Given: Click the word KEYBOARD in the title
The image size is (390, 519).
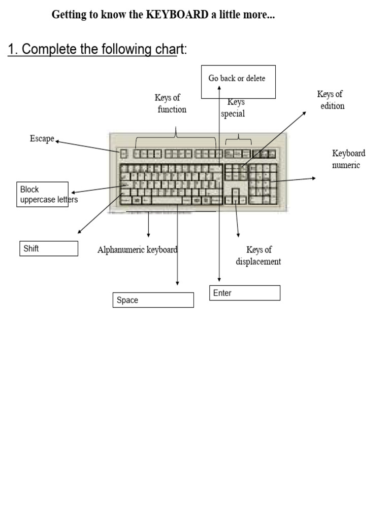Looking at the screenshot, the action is [177, 15].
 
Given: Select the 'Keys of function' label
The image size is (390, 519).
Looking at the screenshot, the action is [170, 103].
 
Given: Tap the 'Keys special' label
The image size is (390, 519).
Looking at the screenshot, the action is [233, 108].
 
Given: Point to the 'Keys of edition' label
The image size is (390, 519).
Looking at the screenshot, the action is [331, 100].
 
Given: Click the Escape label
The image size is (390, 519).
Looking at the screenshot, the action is [42, 138].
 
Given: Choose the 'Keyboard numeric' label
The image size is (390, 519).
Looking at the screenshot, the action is [348, 159].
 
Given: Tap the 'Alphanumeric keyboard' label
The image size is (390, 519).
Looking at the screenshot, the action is [137, 249].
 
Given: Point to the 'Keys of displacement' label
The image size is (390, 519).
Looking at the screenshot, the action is [258, 255].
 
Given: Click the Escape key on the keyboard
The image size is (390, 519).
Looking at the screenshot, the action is [123, 154].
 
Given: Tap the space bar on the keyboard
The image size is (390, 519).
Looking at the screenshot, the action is [167, 200].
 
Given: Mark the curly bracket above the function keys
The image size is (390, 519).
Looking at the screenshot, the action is [175, 137].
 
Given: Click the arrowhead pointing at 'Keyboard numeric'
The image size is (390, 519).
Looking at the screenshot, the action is [313, 178].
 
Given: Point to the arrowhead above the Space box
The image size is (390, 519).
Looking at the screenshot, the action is [177, 283].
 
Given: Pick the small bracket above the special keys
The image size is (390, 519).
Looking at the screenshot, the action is [239, 139].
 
